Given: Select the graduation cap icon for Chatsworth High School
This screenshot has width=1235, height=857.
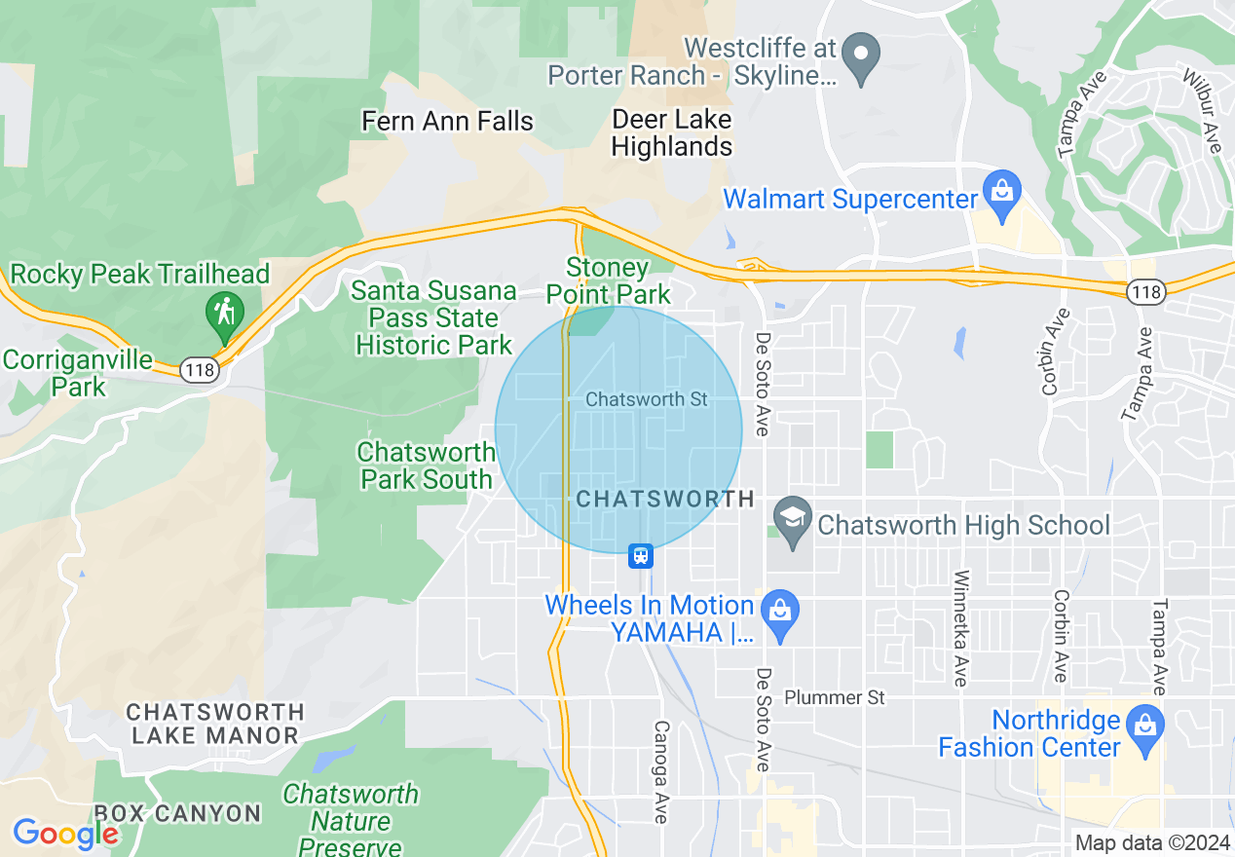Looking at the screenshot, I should pyautogui.click(x=793, y=519).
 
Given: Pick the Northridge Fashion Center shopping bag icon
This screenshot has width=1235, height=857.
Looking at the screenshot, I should pyautogui.click(x=1143, y=727).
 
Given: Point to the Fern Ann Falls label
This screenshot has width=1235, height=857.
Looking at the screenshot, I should pyautogui.click(x=447, y=121).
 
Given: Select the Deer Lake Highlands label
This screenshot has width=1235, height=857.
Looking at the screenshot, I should pyautogui.click(x=672, y=133).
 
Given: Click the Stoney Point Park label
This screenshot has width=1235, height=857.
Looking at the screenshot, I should pyautogui.click(x=608, y=280).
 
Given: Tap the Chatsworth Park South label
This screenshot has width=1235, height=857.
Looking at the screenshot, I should pyautogui.click(x=426, y=466).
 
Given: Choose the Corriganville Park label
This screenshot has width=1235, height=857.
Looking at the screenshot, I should pyautogui.click(x=77, y=373).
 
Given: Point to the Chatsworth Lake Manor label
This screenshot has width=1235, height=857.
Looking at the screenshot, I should pyautogui.click(x=215, y=724).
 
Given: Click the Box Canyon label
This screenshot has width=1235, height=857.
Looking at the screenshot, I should pyautogui.click(x=177, y=813).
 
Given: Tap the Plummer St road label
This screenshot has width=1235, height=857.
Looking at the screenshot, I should pyautogui.click(x=835, y=697).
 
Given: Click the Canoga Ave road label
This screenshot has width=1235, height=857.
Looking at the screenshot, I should pyautogui.click(x=661, y=771).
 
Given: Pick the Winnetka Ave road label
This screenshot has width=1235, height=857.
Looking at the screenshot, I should pyautogui.click(x=960, y=627).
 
